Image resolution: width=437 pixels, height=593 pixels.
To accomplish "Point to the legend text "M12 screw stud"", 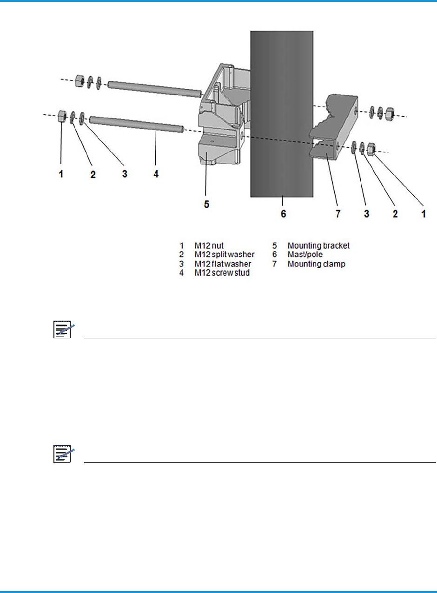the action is point(221,272).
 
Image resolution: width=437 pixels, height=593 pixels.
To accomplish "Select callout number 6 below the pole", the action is point(283,214).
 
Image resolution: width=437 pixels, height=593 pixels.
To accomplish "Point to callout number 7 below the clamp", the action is point(338,214).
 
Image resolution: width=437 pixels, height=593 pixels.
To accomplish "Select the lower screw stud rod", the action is point(137,124).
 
